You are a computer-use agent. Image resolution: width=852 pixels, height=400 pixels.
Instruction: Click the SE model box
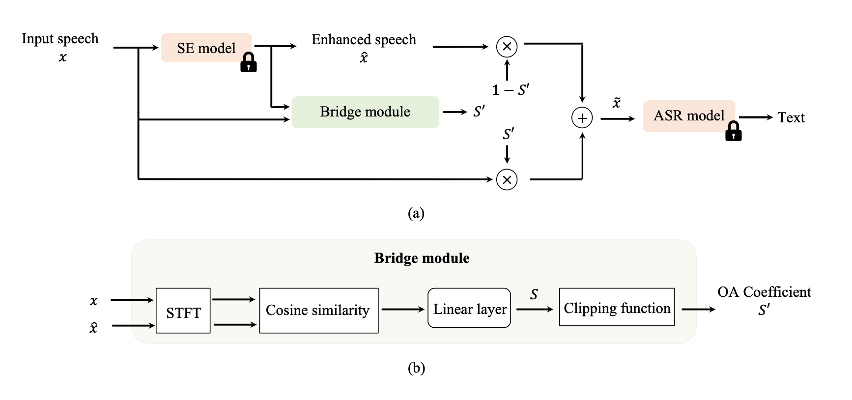pyautogui.click(x=206, y=48)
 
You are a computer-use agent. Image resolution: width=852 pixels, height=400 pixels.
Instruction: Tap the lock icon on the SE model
pyautogui.click(x=249, y=62)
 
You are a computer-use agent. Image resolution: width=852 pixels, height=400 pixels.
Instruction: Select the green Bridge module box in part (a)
pyautogui.click(x=365, y=112)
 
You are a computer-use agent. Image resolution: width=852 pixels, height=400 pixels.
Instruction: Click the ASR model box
pyautogui.click(x=688, y=116)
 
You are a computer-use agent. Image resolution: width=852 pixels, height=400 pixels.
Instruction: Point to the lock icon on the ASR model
pyautogui.click(x=733, y=131)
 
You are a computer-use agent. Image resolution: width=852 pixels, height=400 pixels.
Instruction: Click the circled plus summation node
pyautogui.click(x=582, y=118)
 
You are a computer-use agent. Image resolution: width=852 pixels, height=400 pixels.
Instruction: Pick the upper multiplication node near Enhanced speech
pyautogui.click(x=507, y=47)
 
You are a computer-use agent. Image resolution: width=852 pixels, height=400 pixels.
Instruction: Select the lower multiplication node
pyautogui.click(x=507, y=179)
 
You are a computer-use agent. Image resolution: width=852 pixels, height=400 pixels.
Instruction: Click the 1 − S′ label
pyautogui.click(x=511, y=90)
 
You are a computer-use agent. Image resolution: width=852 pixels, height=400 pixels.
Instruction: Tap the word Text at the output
pyautogui.click(x=791, y=118)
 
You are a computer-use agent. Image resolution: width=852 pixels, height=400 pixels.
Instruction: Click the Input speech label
pyautogui.click(x=60, y=39)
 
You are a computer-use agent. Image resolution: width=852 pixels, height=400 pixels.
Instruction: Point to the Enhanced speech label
pyautogui.click(x=364, y=40)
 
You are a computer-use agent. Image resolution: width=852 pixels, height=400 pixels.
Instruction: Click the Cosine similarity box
pyautogui.click(x=318, y=311)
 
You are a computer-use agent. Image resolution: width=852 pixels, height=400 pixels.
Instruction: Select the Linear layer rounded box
pyautogui.click(x=469, y=308)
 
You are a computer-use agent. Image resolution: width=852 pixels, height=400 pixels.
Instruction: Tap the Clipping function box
pyautogui.click(x=617, y=308)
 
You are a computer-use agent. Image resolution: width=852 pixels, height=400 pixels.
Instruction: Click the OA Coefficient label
pyautogui.click(x=764, y=292)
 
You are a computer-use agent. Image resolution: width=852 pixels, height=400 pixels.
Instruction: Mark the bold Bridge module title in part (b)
pyautogui.click(x=422, y=258)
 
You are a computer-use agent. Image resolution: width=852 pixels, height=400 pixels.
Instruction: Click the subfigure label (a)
pyautogui.click(x=416, y=213)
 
